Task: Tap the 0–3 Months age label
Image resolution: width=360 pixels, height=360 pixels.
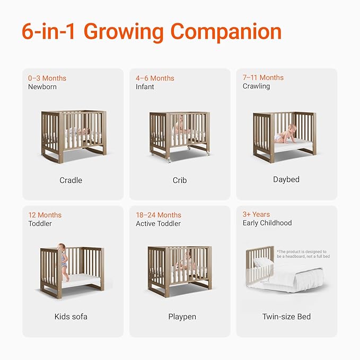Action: pos(47,78)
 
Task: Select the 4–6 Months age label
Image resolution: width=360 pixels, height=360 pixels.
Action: pos(155,78)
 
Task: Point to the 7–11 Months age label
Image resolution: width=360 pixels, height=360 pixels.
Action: pos(263,77)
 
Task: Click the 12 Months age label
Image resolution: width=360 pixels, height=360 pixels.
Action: pos(45,215)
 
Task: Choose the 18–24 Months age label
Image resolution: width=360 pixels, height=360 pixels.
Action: pos(159,215)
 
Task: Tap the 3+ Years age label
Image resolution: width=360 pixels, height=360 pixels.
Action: pos(256,214)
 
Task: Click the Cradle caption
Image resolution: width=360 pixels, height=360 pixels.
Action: pos(71,180)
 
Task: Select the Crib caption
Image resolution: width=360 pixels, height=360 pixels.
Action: pos(179,180)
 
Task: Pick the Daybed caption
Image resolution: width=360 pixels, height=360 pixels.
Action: pos(286,180)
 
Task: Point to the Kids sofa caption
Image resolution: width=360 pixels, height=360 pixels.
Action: pos(71,317)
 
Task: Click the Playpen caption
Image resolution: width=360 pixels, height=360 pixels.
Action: pos(182,317)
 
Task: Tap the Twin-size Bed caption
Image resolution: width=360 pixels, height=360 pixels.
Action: pos(286,317)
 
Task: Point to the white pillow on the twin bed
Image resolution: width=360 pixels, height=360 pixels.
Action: pos(263,262)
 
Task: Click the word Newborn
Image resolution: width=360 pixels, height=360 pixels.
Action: pos(42,86)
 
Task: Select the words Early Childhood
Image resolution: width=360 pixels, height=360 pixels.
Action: pos(267,223)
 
